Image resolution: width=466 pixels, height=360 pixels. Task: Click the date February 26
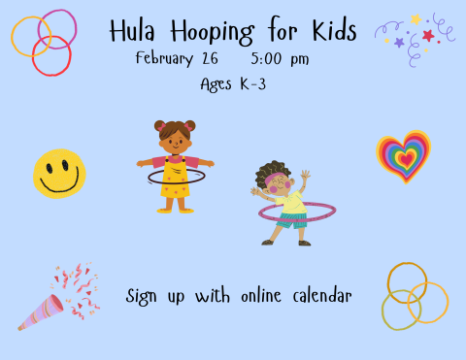tap(177, 58)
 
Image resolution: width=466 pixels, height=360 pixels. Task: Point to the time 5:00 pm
tap(280, 59)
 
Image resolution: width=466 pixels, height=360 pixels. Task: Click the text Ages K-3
tap(232, 84)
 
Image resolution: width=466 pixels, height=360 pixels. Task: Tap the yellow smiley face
tap(59, 172)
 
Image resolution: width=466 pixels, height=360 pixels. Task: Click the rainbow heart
tap(403, 155)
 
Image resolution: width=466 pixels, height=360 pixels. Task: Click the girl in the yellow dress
tap(176, 167)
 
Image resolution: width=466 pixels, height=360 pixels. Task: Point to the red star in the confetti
tap(428, 36)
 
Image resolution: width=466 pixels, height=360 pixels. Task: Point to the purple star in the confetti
tap(399, 43)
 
